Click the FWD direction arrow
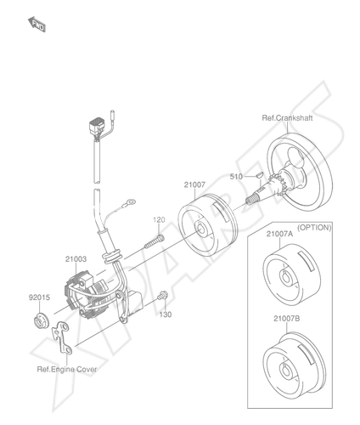(x=37, y=24)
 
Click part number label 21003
(x=76, y=259)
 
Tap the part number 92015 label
(x=39, y=297)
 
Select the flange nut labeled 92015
(x=40, y=319)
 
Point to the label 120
(x=159, y=220)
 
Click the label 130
(x=166, y=314)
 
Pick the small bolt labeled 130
(x=163, y=296)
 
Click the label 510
(x=236, y=177)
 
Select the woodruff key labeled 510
(x=259, y=174)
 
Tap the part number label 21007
(x=194, y=185)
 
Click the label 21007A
(x=279, y=234)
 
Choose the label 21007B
(x=287, y=319)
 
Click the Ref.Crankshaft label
(x=287, y=118)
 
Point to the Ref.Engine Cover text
(x=67, y=370)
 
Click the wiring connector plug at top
(x=96, y=127)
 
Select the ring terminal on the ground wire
(x=130, y=202)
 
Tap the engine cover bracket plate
(x=62, y=338)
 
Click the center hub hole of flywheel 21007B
(x=285, y=370)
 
